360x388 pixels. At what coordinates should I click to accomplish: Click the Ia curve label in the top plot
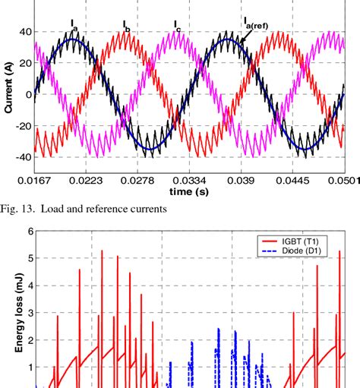(74, 26)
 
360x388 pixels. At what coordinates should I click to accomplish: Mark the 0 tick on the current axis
(28, 94)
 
